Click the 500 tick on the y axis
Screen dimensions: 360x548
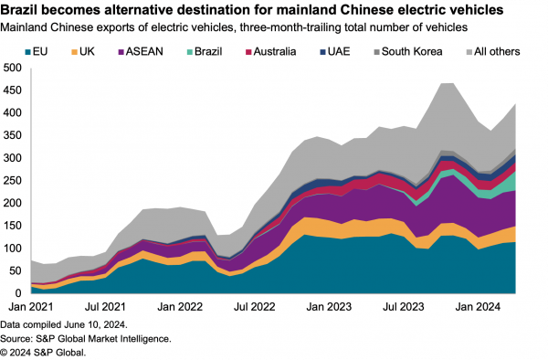coord(14,69)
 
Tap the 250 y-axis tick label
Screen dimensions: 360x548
coord(14,181)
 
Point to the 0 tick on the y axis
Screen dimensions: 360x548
coord(20,293)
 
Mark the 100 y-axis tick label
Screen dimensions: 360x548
coord(14,249)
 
